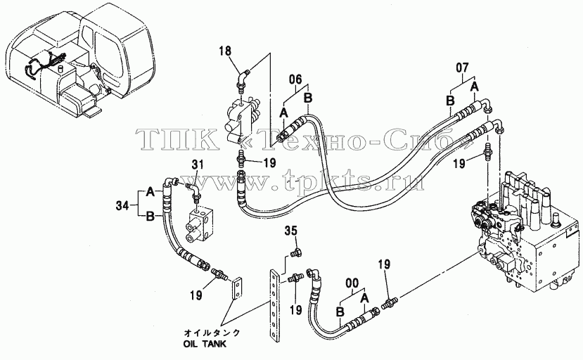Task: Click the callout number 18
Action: pyautogui.click(x=225, y=51)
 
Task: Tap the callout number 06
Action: pyautogui.click(x=296, y=79)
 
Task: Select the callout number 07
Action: pyautogui.click(x=463, y=68)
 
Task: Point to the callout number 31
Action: pyautogui.click(x=198, y=165)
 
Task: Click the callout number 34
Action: pyautogui.click(x=122, y=205)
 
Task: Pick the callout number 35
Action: pyautogui.click(x=291, y=231)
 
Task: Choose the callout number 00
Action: pyautogui.click(x=352, y=284)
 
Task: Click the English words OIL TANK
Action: pyautogui.click(x=205, y=344)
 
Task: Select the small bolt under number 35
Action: pyautogui.click(x=296, y=253)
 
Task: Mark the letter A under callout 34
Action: pyautogui.click(x=150, y=192)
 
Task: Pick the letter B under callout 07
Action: pyautogui.click(x=450, y=101)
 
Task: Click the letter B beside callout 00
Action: pyautogui.click(x=340, y=312)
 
